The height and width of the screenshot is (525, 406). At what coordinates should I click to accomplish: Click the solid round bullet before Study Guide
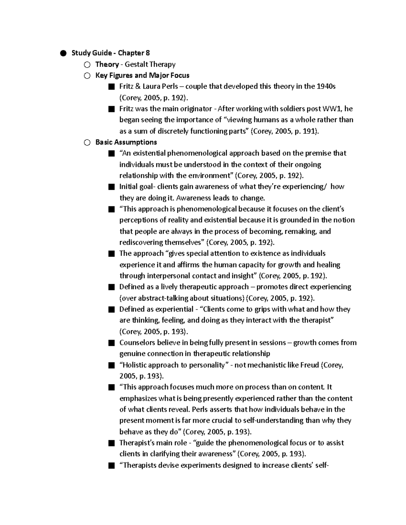point(63,53)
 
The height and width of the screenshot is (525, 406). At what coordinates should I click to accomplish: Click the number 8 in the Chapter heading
point(148,53)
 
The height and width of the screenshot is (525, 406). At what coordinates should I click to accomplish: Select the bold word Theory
point(107,64)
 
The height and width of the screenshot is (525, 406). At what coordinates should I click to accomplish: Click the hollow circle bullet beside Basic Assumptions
point(87,143)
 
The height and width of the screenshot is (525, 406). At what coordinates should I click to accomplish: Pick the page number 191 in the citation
point(309,131)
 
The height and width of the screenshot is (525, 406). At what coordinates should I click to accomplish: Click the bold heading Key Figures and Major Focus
point(142,75)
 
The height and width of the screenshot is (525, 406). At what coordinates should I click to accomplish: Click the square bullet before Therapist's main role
point(111,443)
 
